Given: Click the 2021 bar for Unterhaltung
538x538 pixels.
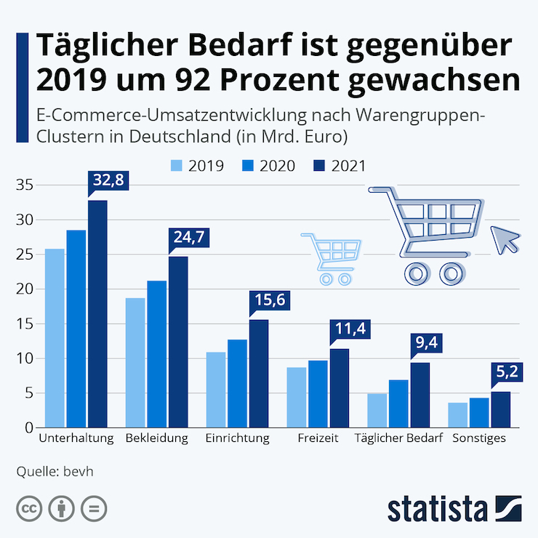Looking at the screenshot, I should coord(97,314).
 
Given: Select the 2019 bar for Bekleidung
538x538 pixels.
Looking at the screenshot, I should coord(135,362).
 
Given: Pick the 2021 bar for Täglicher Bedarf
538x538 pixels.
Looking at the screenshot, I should coord(420,395).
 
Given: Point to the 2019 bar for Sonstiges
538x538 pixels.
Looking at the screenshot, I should coord(457,414).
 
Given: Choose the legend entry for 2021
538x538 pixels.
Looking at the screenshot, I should coord(338,165).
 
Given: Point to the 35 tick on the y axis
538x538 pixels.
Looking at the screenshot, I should coord(25,185).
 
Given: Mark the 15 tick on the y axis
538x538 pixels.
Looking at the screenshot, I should coord(25,324).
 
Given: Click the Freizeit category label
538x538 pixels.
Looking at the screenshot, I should coord(318,438).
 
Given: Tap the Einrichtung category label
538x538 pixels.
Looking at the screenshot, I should coord(237,438).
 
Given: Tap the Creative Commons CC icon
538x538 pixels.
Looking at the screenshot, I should coord(29,507).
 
